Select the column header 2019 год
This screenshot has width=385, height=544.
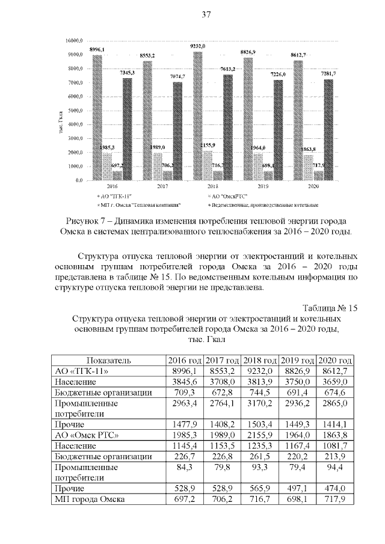click(x=298, y=360)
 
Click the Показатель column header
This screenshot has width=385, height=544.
click(x=105, y=360)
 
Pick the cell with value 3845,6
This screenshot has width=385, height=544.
click(x=184, y=382)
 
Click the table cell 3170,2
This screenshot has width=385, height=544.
click(x=260, y=403)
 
